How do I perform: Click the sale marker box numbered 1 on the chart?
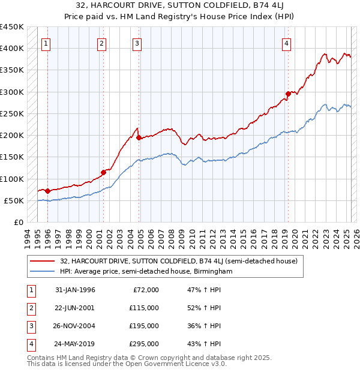pyautogui.click(x=46, y=43)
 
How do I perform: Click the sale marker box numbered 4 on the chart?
pyautogui.click(x=287, y=43)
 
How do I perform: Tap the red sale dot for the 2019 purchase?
pyautogui.click(x=289, y=94)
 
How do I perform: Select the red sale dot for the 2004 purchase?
pyautogui.click(x=139, y=137)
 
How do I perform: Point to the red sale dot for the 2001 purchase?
pyautogui.click(x=103, y=172)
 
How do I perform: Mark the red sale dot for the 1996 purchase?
pyautogui.click(x=48, y=191)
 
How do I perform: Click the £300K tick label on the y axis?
pyautogui.click(x=11, y=92)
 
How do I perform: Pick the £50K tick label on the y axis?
pyautogui.click(x=14, y=200)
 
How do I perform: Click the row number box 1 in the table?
pyautogui.click(x=30, y=290)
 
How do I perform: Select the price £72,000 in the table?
pyautogui.click(x=145, y=290)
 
